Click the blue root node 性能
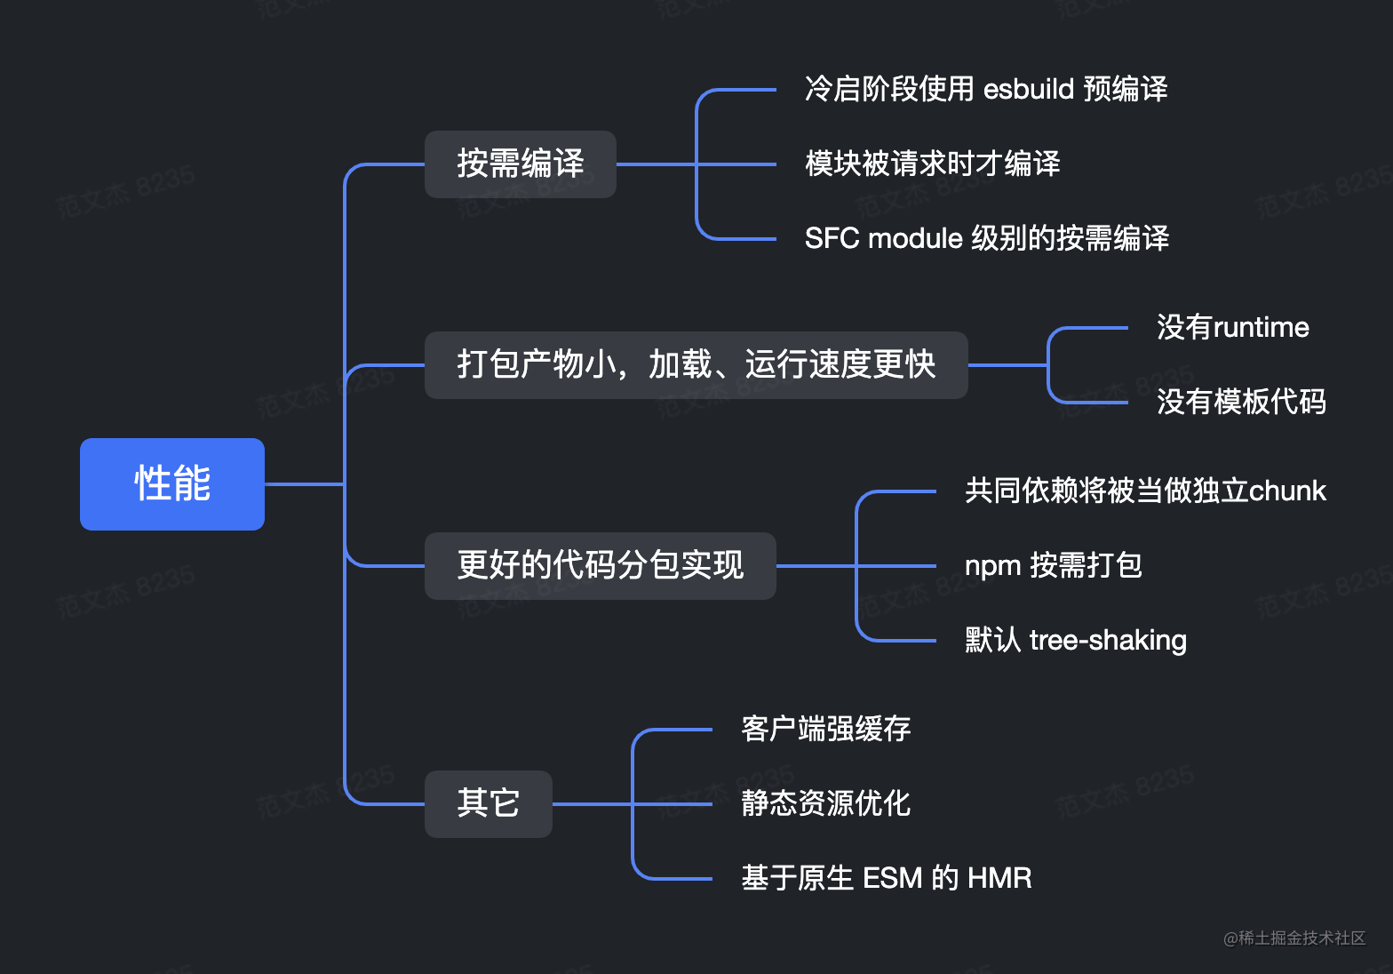point(172,484)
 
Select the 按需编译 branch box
point(521,164)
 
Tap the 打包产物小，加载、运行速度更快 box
point(696,365)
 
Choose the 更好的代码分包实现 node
point(601,566)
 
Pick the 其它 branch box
point(489,804)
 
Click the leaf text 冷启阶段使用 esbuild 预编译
point(985,90)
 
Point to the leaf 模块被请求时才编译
point(932,164)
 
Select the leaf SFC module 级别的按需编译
point(986,239)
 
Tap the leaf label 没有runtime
point(1232,328)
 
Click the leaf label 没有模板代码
point(1241,403)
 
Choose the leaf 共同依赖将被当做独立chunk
point(1145,491)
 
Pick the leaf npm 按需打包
point(1053,566)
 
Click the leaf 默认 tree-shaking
point(1075,641)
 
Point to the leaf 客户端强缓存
point(826,730)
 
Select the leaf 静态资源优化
point(826,804)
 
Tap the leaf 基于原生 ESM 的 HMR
point(887,879)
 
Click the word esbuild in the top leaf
point(1029,90)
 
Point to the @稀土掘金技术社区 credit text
point(1294,938)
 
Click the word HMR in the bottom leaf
point(999,879)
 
